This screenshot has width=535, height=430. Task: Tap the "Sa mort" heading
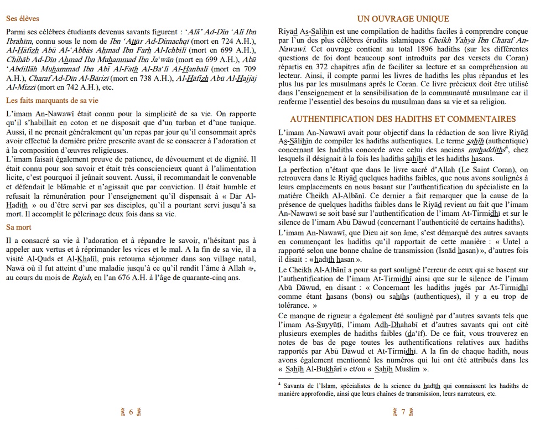pyautogui.click(x=19, y=227)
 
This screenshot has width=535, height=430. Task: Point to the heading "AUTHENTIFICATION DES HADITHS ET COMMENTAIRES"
pyautogui.click(x=403, y=119)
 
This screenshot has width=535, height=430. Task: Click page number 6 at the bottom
pyautogui.click(x=131, y=412)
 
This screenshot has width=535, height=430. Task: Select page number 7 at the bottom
pyautogui.click(x=403, y=412)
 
